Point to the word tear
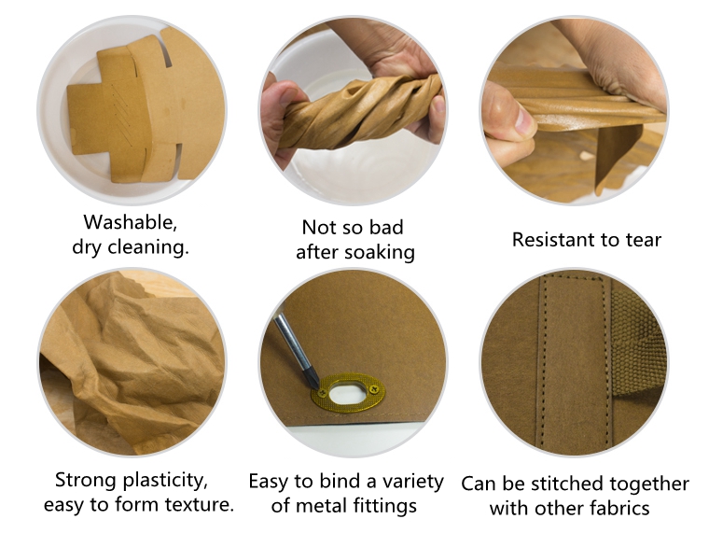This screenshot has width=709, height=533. click(643, 240)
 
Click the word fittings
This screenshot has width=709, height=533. click(393, 506)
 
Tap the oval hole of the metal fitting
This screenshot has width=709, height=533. click(347, 386)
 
